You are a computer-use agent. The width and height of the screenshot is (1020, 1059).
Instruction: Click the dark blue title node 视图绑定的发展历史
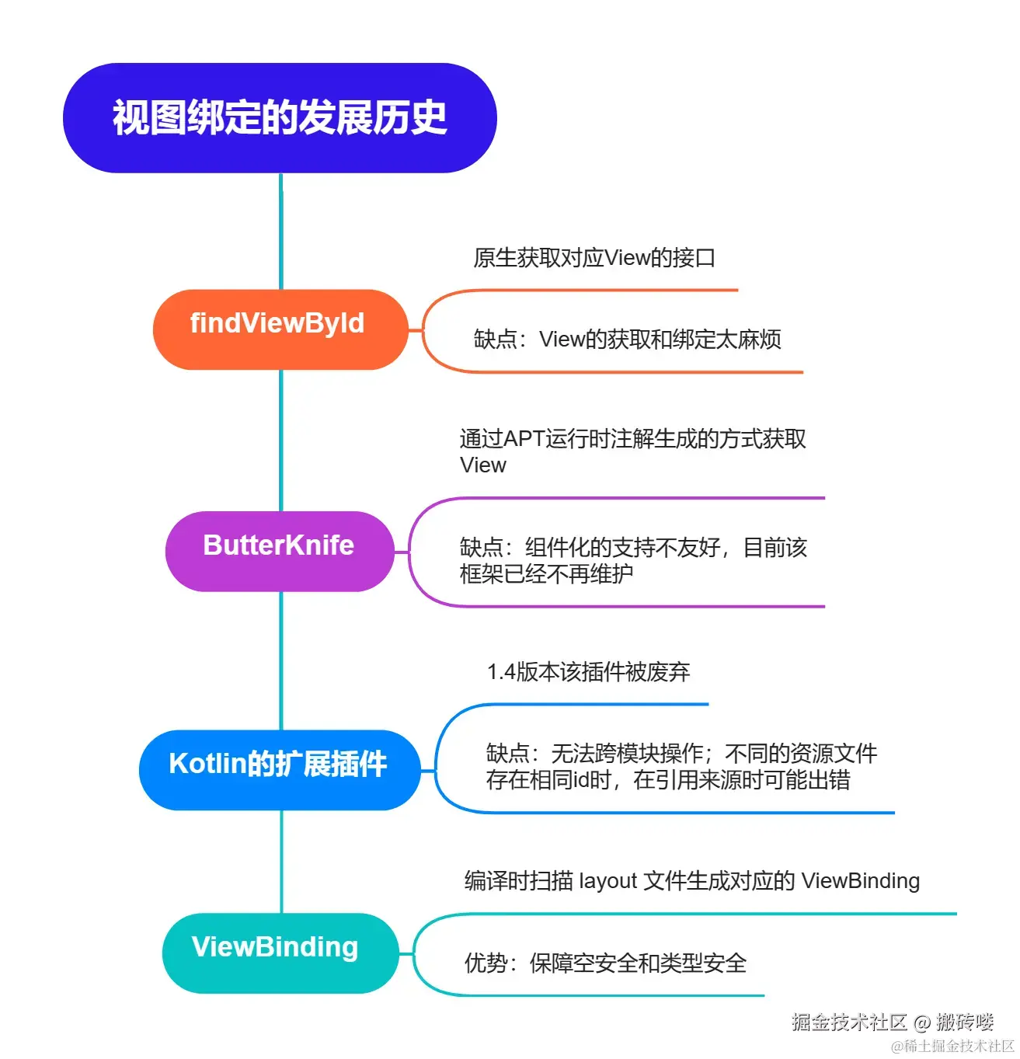tap(280, 117)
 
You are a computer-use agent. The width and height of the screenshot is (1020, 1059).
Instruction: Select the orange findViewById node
tap(280, 329)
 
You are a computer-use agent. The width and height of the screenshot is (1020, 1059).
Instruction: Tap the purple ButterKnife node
tap(280, 551)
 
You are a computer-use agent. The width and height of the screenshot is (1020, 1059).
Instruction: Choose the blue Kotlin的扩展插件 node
tap(280, 769)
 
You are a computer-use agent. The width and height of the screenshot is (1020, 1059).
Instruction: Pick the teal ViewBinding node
tap(280, 953)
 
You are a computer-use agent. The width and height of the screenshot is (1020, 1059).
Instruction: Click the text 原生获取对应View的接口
tap(594, 257)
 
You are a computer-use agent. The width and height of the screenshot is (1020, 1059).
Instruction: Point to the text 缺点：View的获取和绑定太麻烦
tap(627, 339)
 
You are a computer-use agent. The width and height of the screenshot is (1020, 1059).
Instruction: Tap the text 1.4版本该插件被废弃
tap(588, 671)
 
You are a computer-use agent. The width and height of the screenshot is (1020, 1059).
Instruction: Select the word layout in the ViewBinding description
tap(607, 880)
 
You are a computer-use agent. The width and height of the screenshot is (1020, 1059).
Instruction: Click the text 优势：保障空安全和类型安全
tap(605, 963)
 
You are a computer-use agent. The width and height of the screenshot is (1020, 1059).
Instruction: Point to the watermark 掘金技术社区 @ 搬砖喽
tap(893, 1022)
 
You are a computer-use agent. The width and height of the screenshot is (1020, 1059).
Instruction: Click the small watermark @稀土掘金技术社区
tap(952, 1045)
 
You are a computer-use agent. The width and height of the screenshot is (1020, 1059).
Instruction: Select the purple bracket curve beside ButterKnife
tap(409, 552)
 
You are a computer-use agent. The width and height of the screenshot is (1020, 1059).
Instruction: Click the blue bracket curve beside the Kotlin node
tap(437, 769)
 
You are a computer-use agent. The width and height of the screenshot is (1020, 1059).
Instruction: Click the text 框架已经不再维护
tap(546, 573)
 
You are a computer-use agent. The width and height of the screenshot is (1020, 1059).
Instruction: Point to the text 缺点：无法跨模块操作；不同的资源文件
tap(681, 753)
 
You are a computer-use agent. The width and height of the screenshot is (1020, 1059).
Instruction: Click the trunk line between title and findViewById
tap(280, 232)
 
